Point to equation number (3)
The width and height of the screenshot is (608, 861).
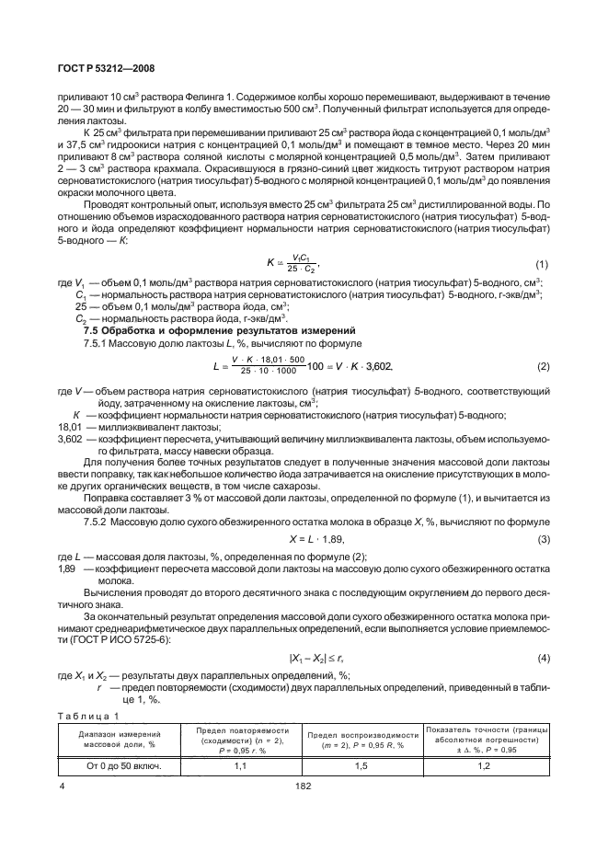pos(541,538)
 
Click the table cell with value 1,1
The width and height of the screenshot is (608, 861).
pos(242,765)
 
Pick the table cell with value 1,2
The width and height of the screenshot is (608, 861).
pos(488,765)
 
